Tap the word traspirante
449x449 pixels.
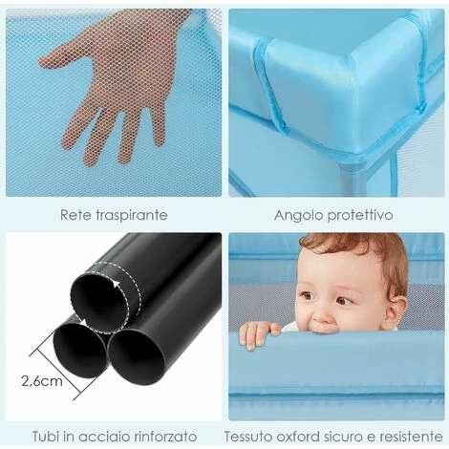(x=131, y=216)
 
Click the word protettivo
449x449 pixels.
(x=360, y=216)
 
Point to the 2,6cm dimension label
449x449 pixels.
(x=42, y=381)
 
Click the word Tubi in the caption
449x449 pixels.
(x=46, y=436)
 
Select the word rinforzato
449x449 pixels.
(x=164, y=436)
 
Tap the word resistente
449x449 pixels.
(x=411, y=436)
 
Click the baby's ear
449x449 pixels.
(x=396, y=310)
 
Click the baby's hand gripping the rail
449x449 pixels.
(x=259, y=333)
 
